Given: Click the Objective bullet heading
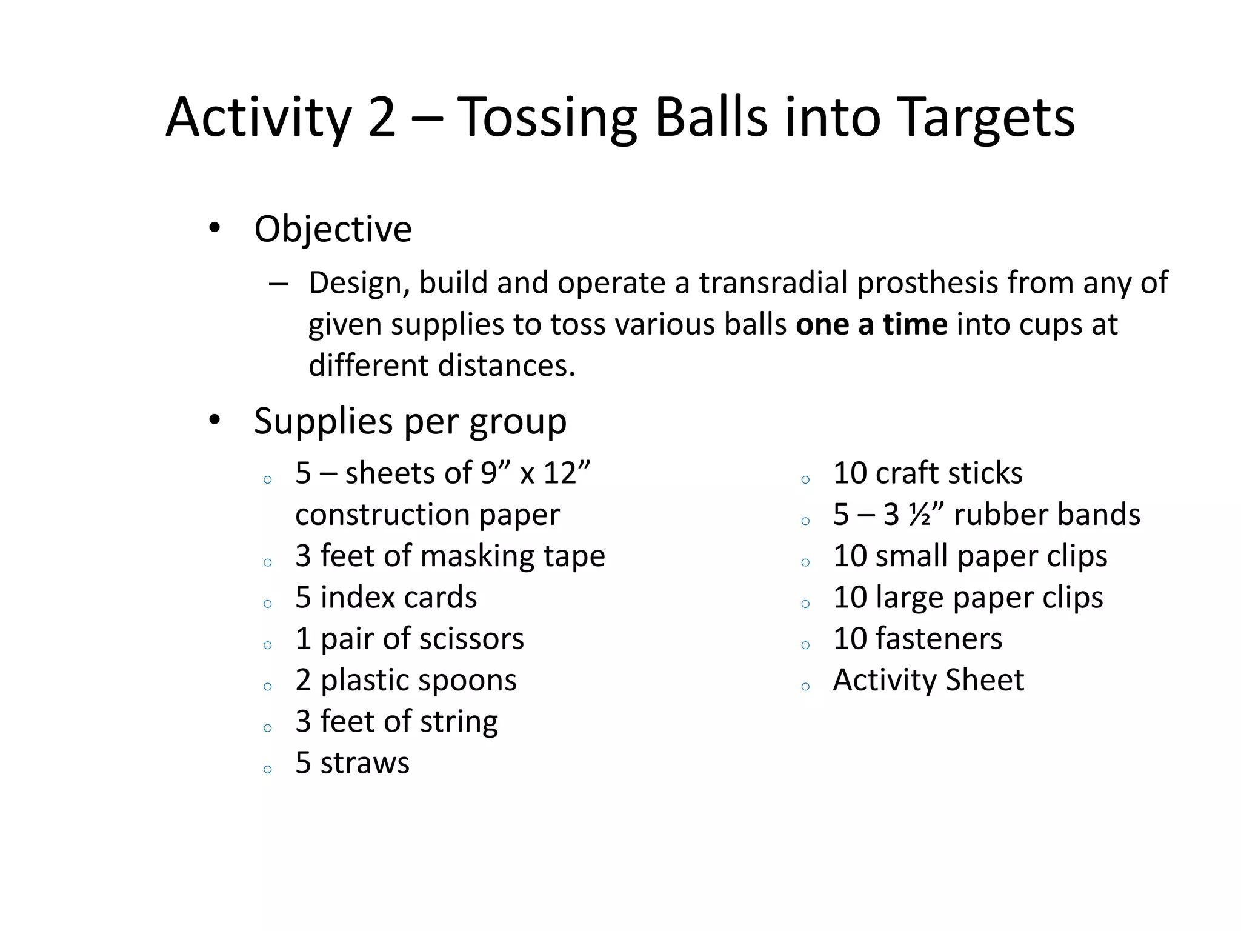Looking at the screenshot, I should click(333, 229).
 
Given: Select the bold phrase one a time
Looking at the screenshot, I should click(871, 324).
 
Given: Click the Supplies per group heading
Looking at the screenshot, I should click(410, 421).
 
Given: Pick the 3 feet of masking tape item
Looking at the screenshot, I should click(450, 556).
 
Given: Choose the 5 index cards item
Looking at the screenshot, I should click(386, 598).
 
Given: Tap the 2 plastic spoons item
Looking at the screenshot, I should click(406, 680).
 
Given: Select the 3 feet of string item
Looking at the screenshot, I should click(396, 721).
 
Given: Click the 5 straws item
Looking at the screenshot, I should click(352, 762).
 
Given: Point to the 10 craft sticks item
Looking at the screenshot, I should click(927, 473).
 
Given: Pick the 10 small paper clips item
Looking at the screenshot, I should click(970, 556).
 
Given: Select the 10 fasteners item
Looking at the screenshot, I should click(917, 639).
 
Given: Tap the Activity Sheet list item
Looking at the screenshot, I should click(928, 680).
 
